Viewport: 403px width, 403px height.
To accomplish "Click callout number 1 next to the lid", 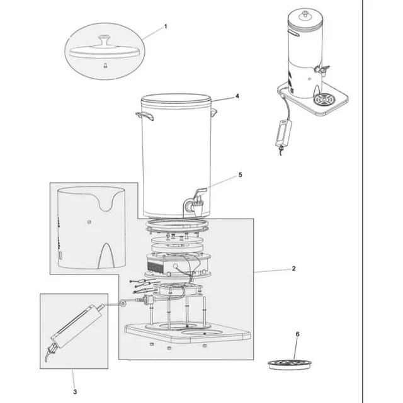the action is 166,26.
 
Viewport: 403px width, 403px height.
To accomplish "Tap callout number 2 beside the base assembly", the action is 294,268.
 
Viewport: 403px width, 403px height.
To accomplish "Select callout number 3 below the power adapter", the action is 75,392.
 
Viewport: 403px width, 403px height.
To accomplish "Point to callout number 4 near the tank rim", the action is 237,96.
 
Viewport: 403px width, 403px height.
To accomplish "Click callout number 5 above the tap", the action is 241,175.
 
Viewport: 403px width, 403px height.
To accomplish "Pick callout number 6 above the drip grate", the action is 298,334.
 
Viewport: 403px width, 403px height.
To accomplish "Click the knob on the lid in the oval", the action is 104,40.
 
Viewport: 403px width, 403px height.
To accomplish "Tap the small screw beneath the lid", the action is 105,65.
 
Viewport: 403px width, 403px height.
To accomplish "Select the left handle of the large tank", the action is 145,116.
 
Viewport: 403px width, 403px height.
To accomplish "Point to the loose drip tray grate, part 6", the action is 290,364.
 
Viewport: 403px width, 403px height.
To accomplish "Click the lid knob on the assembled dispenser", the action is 305,14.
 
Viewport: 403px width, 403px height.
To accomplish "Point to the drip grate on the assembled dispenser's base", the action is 324,99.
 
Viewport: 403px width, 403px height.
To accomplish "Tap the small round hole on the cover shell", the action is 89,222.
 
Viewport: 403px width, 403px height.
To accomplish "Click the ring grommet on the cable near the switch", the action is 123,304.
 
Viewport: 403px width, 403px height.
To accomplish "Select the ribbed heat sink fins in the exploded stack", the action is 156,266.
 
